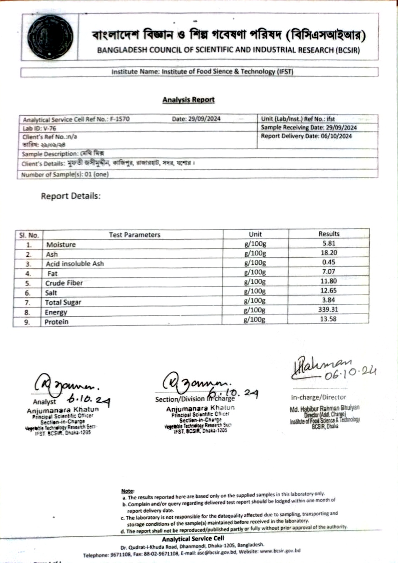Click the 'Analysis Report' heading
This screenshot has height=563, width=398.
coord(188,100)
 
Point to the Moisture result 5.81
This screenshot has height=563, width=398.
coord(329,243)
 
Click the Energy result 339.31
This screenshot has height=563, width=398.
coord(328,310)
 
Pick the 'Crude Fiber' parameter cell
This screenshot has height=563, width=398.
coord(64,283)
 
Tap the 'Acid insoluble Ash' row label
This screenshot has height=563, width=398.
coord(75,264)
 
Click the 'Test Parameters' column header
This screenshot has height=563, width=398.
coord(134,235)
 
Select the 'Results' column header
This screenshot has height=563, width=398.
coord(329,234)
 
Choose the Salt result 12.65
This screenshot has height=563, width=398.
coord(328,291)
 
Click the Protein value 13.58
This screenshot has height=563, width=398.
coord(328,319)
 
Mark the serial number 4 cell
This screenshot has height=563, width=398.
coord(28,274)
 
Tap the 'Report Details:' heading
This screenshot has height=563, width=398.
coord(71,196)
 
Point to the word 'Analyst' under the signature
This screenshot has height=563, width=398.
coord(44,402)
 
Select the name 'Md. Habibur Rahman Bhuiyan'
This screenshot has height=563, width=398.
coord(324,409)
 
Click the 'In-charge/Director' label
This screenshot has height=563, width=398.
coord(318,397)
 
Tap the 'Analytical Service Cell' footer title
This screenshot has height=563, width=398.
coord(193,538)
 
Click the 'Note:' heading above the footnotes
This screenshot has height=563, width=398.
coord(128,491)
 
